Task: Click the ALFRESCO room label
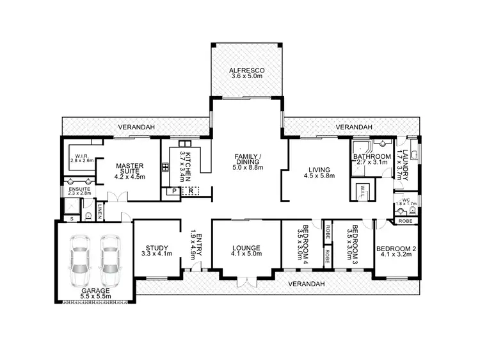[x=247, y=70]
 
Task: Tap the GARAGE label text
[x=95, y=291]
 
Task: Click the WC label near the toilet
[x=405, y=201]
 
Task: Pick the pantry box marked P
[x=173, y=191]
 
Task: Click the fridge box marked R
[x=189, y=191]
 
